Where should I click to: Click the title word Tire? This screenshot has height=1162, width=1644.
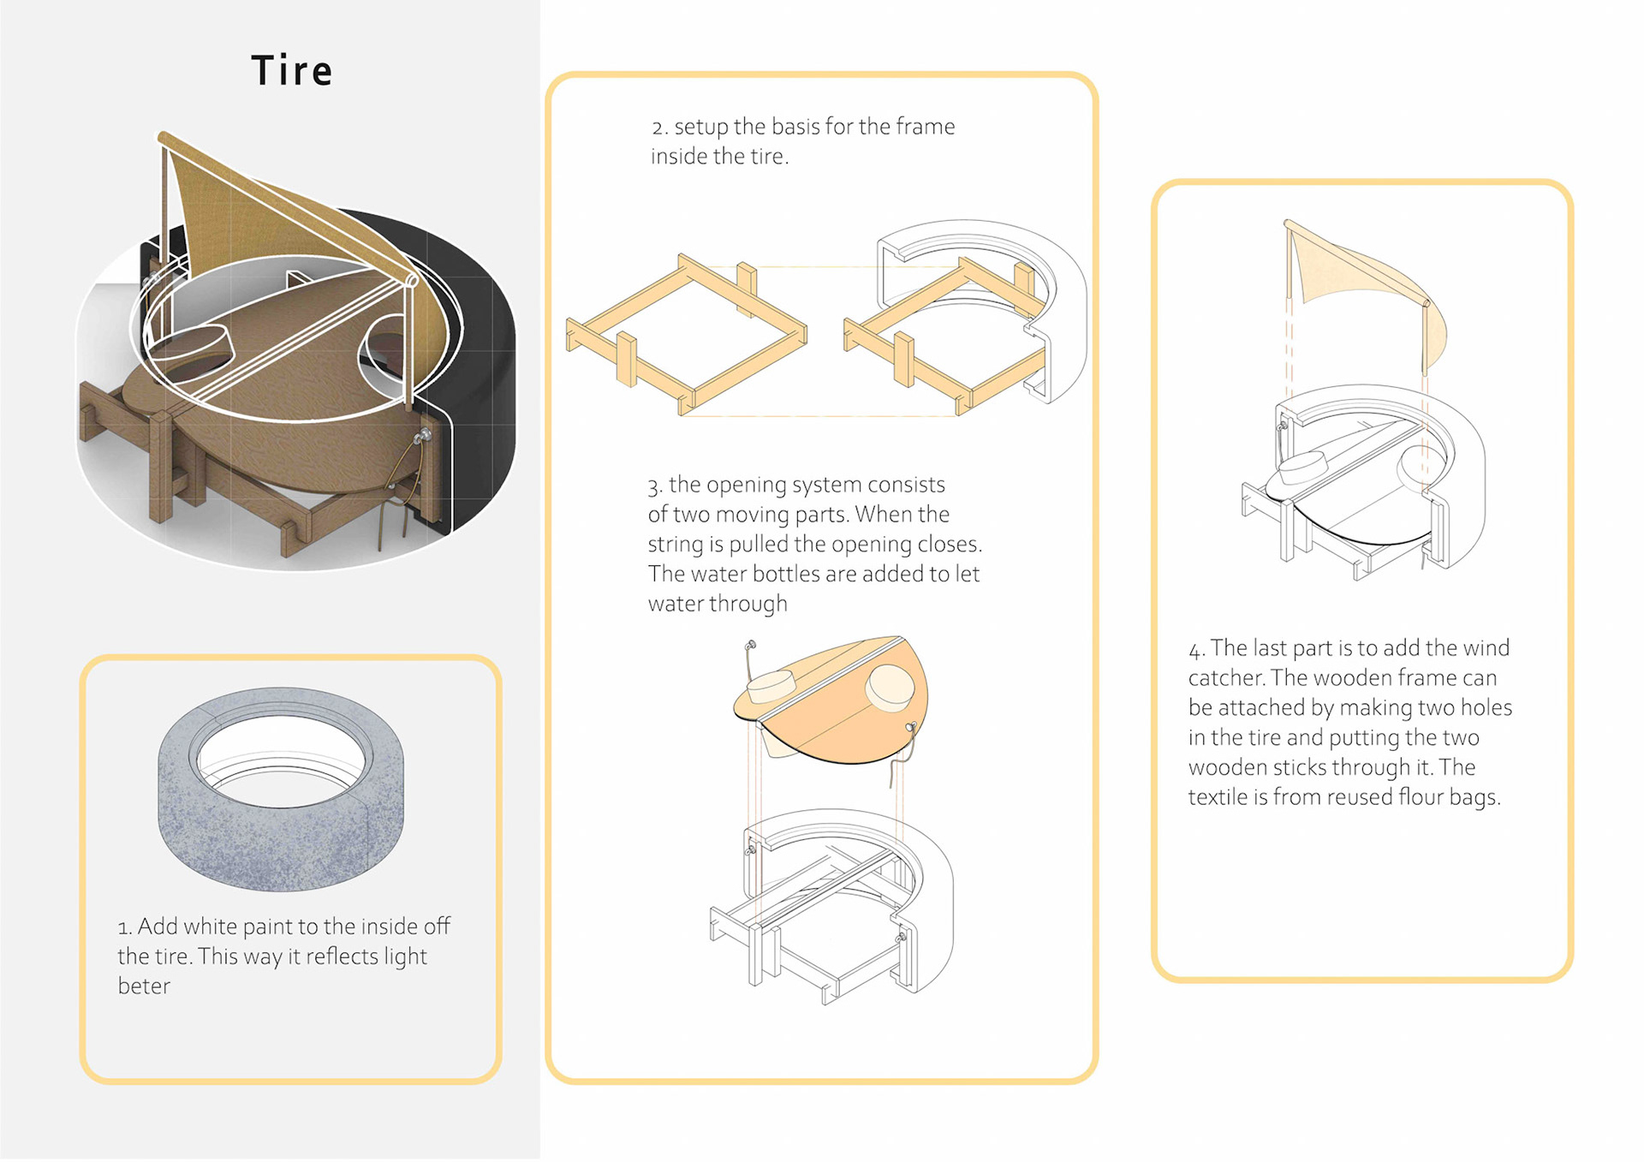[x=291, y=71]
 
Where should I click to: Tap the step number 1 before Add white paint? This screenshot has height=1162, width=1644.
[x=124, y=928]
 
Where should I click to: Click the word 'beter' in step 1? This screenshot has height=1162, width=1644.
[x=144, y=986]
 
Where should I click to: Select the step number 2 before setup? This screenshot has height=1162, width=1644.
[x=658, y=128]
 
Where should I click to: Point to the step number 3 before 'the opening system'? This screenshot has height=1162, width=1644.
[x=654, y=486]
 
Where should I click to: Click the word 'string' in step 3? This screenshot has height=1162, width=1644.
[x=675, y=545]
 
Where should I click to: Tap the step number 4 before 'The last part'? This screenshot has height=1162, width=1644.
[x=1195, y=650]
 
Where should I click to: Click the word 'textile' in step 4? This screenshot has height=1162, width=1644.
[x=1218, y=797]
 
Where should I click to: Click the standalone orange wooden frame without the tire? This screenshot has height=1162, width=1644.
[x=685, y=334]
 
